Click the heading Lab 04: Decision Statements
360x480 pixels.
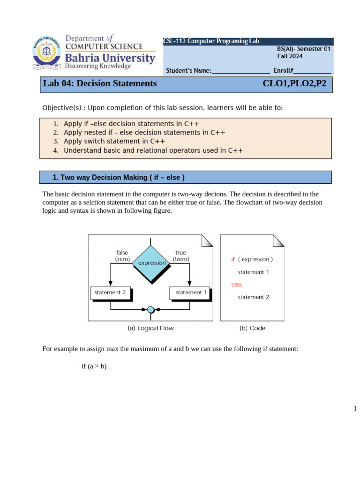click(x=100, y=84)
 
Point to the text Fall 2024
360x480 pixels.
click(x=290, y=56)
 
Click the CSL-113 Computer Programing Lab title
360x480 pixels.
click(x=211, y=41)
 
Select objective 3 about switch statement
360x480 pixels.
click(x=114, y=141)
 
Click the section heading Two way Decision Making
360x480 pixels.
click(x=119, y=178)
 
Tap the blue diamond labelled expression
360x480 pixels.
click(x=151, y=263)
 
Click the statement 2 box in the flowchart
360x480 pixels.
click(x=110, y=292)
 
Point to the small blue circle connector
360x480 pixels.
click(x=150, y=309)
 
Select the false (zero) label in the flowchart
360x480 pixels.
click(x=122, y=255)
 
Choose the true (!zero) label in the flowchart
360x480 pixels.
click(x=180, y=255)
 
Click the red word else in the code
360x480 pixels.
click(x=236, y=285)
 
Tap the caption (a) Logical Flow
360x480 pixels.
click(x=150, y=328)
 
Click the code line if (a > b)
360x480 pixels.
click(x=94, y=366)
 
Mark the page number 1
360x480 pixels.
click(x=355, y=409)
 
